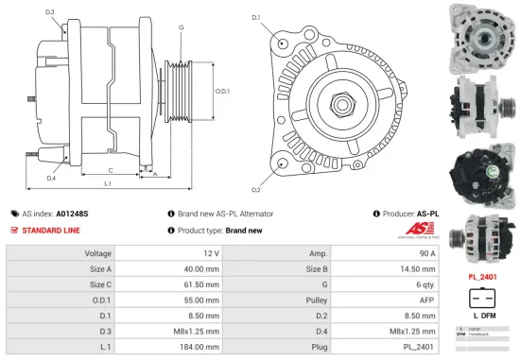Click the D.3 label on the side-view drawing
coord(49,11)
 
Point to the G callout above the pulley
coord(181,27)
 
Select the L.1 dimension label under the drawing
coord(108,182)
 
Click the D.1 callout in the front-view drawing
coord(255,17)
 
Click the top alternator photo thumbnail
coord(486,34)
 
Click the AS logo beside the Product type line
coord(428,231)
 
